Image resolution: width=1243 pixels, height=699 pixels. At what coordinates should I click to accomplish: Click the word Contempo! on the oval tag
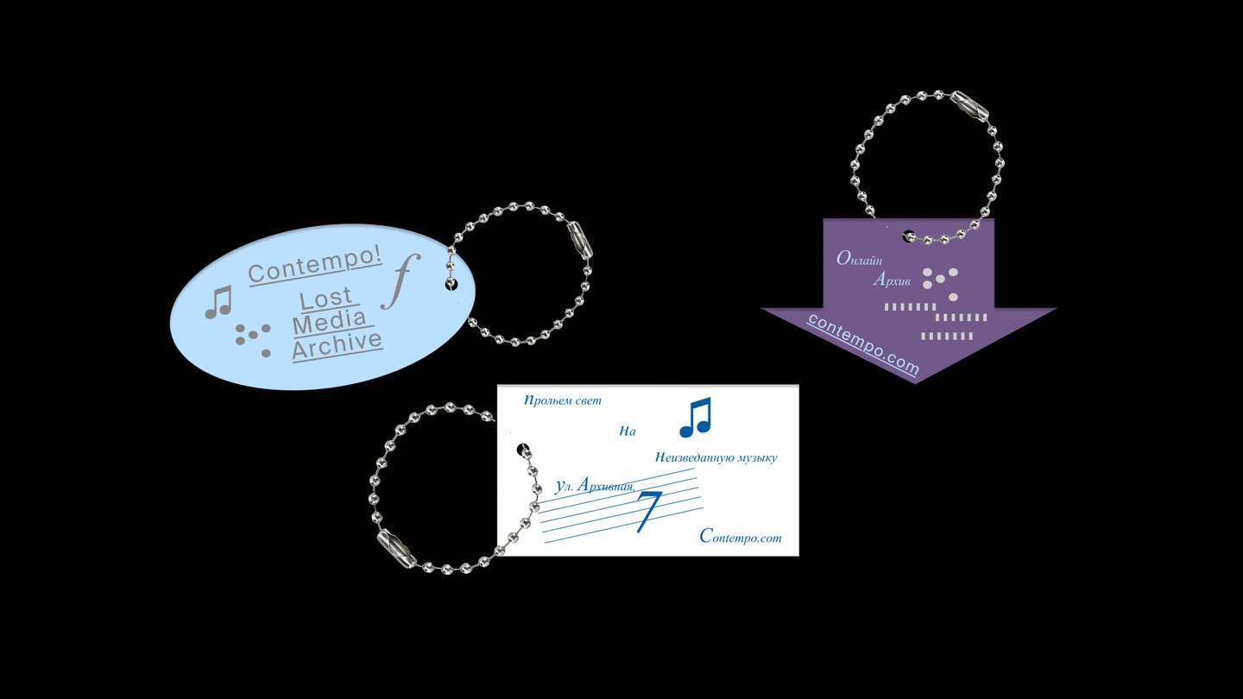pos(314,265)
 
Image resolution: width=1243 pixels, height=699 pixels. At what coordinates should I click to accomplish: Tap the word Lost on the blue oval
pos(326,299)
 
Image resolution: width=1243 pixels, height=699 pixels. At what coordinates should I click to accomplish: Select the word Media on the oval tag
pos(330,321)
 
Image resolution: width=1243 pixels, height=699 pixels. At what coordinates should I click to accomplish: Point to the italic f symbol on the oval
pos(401,281)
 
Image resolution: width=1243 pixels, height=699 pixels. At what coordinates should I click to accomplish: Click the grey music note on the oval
pos(218,302)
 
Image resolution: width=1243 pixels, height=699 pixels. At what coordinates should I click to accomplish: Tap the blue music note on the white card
pos(696,417)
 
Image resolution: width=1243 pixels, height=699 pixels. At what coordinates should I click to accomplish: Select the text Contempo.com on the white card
pos(741,536)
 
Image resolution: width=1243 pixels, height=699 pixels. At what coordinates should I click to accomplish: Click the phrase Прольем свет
pos(563,400)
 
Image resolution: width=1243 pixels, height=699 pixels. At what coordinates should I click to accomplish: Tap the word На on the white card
pos(628,431)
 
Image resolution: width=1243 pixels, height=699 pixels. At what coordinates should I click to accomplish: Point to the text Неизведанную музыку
pos(716,457)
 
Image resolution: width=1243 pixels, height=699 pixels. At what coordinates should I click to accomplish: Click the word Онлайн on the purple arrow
pos(859,259)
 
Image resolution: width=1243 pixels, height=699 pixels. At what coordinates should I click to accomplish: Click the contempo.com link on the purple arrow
pos(863,345)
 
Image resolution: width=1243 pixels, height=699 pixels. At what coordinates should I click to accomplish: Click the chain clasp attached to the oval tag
pos(579,240)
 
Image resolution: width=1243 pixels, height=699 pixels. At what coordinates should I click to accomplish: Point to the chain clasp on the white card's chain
pos(396,548)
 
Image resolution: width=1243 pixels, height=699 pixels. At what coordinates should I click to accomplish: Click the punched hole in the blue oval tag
pos(451,285)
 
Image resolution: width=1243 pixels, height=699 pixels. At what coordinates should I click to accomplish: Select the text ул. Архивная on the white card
pos(595,485)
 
